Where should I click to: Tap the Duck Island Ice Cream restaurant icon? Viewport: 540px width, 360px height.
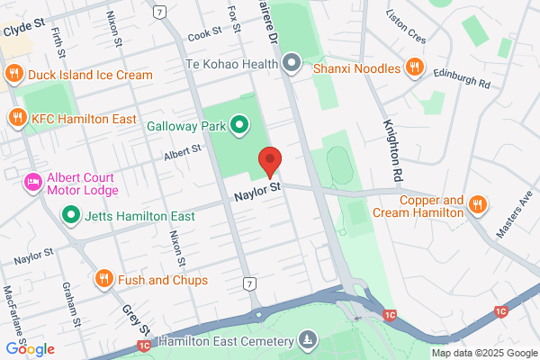click(x=13, y=75)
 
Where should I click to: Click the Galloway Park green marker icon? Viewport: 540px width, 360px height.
click(x=239, y=125)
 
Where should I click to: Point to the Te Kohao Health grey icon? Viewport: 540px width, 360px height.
click(x=291, y=63)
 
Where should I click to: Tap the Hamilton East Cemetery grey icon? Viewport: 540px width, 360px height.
click(x=309, y=341)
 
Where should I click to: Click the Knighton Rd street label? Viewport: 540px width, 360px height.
click(x=393, y=148)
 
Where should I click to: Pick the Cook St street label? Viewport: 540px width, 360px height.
click(x=205, y=33)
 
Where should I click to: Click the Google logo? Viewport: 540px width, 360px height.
click(x=30, y=349)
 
